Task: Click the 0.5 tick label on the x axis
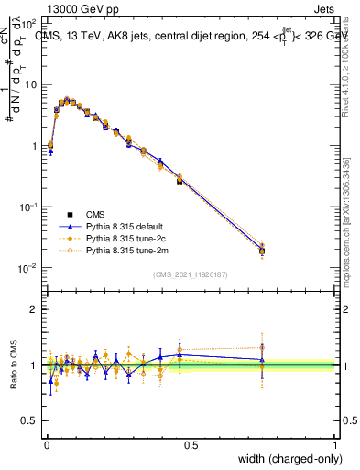[x=191, y=444]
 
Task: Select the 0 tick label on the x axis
[x=47, y=444]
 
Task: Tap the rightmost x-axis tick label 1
[x=335, y=444]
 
